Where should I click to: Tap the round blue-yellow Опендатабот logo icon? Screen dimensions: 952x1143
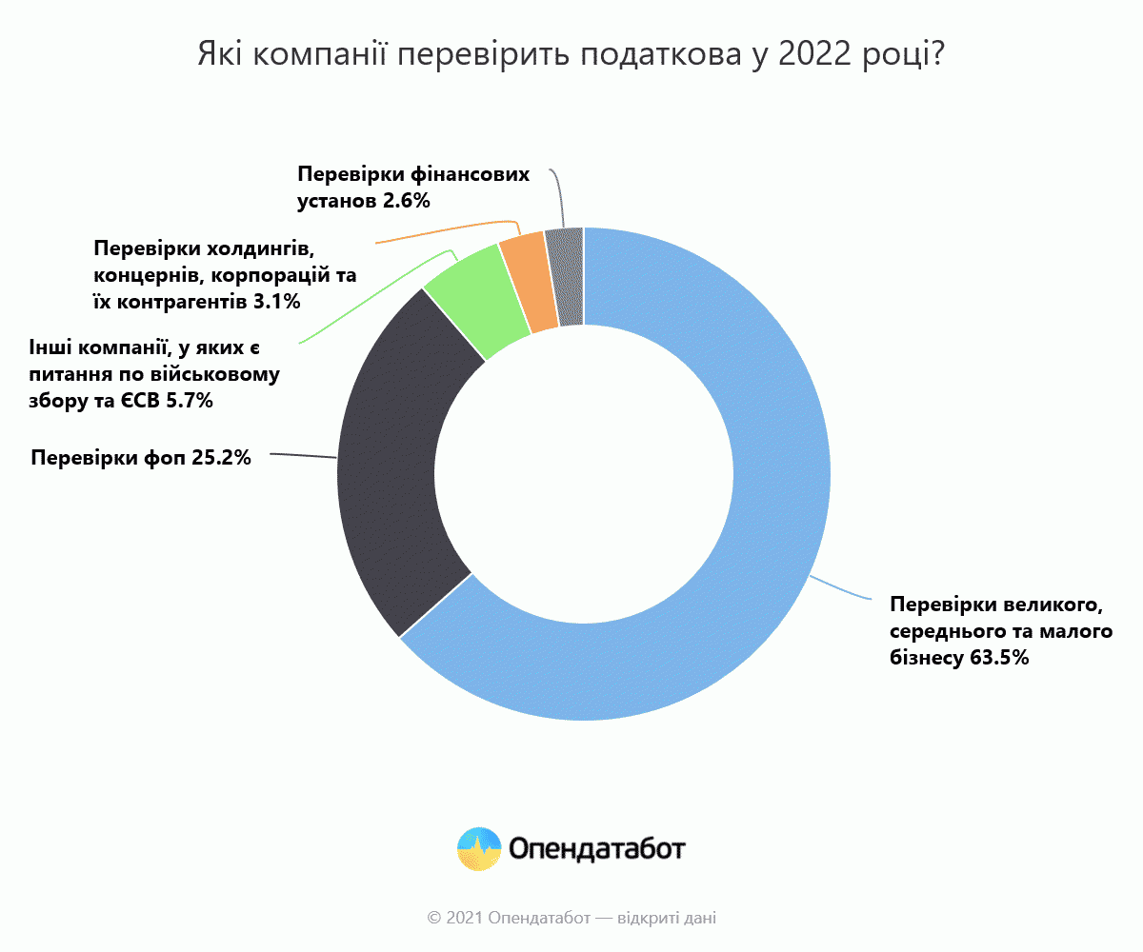(x=479, y=848)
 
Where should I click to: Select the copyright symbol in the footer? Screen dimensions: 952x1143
(x=434, y=919)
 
